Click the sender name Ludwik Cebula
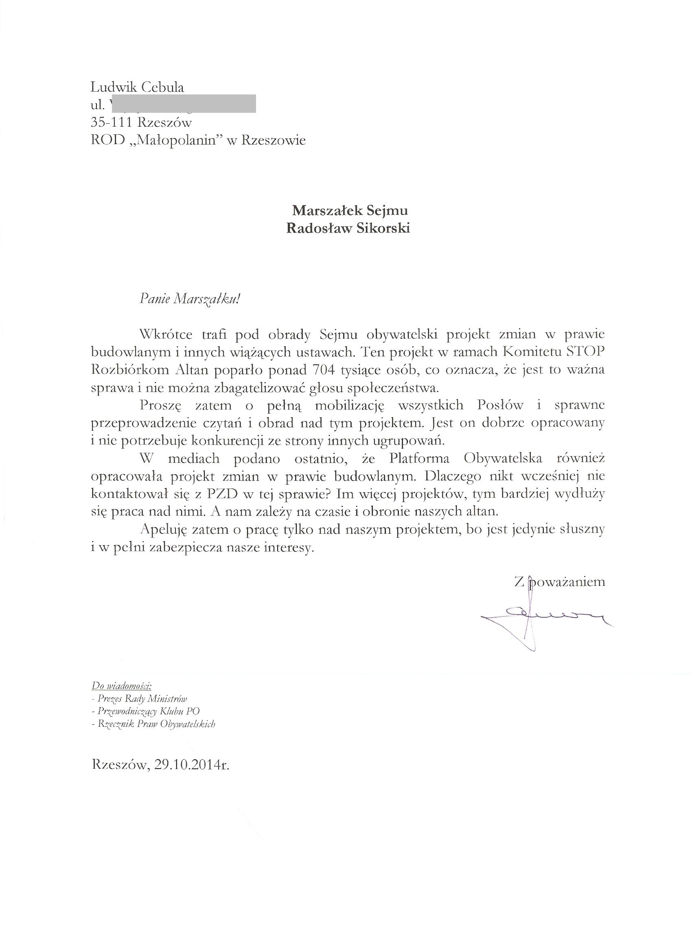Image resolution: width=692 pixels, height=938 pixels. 138,87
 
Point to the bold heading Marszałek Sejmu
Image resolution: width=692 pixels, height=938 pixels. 350,210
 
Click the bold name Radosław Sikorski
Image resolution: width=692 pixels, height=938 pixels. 348,228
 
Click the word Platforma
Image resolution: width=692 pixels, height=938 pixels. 419,458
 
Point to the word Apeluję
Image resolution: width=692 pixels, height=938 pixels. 164,530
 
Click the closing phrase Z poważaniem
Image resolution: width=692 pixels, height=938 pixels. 560,582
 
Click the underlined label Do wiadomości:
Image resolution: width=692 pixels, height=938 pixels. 121,687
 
